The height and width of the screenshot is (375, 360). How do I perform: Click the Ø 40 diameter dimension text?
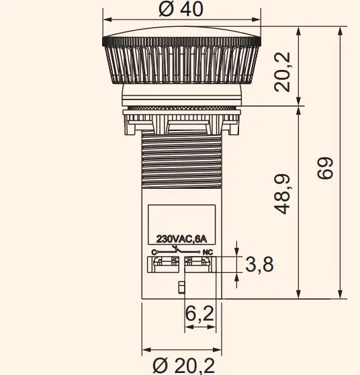pyautogui.click(x=181, y=9)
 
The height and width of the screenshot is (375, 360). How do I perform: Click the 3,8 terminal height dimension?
pyautogui.click(x=259, y=265)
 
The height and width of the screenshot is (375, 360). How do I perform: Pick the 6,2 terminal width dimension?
pyautogui.click(x=199, y=313)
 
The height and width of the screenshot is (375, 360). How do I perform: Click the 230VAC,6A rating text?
pyautogui.click(x=181, y=239)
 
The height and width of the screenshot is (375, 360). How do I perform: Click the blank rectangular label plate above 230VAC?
pyautogui.click(x=181, y=218)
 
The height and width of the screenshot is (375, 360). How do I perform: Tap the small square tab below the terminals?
pyautogui.click(x=181, y=288)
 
